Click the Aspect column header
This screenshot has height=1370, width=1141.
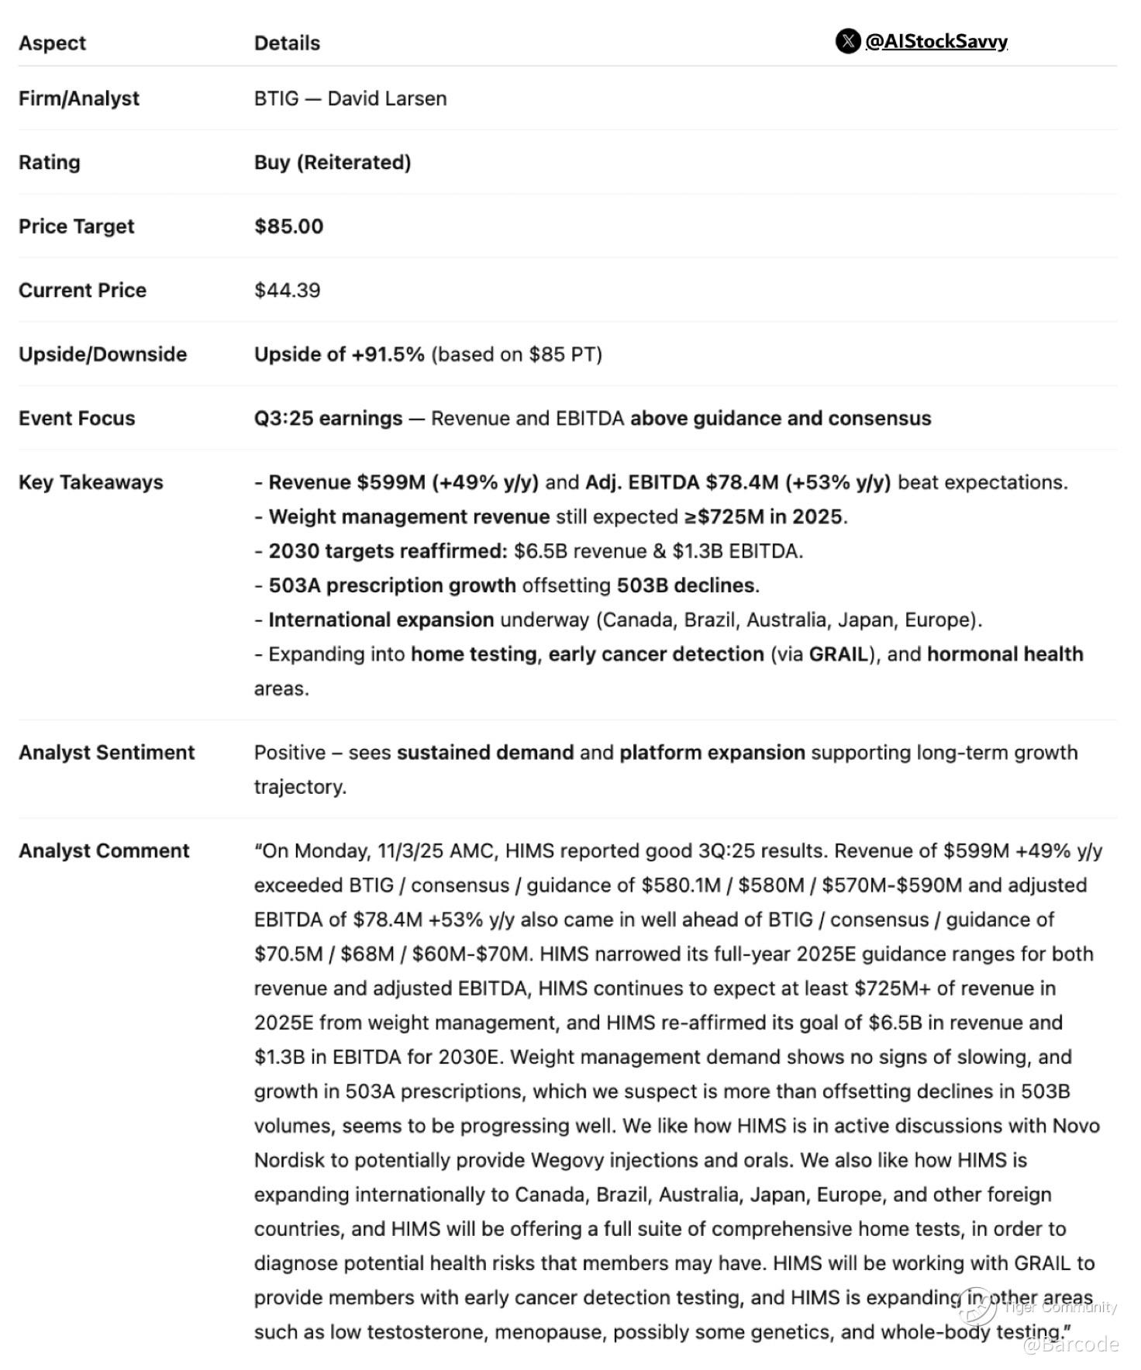tap(52, 43)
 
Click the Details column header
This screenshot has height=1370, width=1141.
tap(287, 43)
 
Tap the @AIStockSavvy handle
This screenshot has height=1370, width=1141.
tap(936, 41)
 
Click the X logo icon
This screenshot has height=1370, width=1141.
tap(847, 41)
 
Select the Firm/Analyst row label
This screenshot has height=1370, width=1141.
tap(79, 98)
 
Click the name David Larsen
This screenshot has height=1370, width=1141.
tap(387, 98)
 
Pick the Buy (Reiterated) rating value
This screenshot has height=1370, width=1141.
tap(333, 162)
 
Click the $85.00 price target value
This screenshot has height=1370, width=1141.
tap(288, 226)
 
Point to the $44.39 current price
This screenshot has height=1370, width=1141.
tap(287, 290)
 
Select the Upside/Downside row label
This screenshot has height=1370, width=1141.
tap(102, 354)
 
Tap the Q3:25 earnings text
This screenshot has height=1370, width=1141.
tap(328, 419)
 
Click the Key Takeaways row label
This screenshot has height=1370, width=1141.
tap(91, 482)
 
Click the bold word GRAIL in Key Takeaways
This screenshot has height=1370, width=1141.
tap(838, 654)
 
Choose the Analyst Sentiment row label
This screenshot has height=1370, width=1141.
tap(106, 753)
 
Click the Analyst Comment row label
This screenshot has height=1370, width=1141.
tap(104, 851)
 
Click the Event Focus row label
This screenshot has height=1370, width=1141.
tap(77, 419)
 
